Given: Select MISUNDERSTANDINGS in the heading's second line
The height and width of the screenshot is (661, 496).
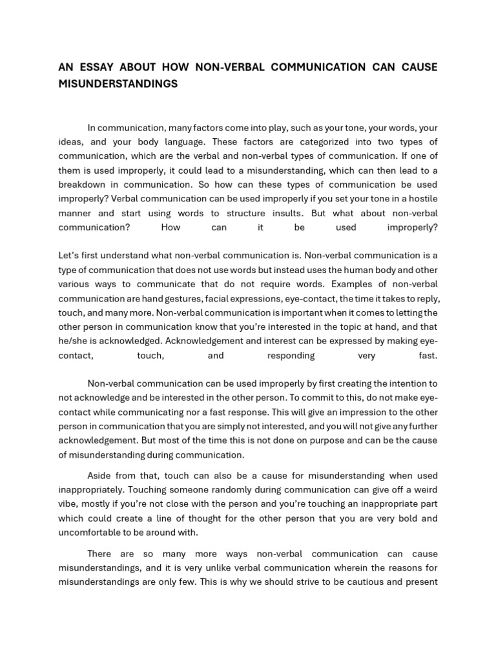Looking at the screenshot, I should pos(118,85).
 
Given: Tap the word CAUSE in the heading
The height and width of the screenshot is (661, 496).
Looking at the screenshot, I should pos(419,68).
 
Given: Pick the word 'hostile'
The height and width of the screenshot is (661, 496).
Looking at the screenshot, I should pos(422,199).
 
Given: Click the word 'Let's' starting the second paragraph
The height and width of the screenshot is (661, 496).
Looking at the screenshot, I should pos(69,256).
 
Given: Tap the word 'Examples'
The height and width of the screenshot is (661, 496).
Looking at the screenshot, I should pos(331,284).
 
